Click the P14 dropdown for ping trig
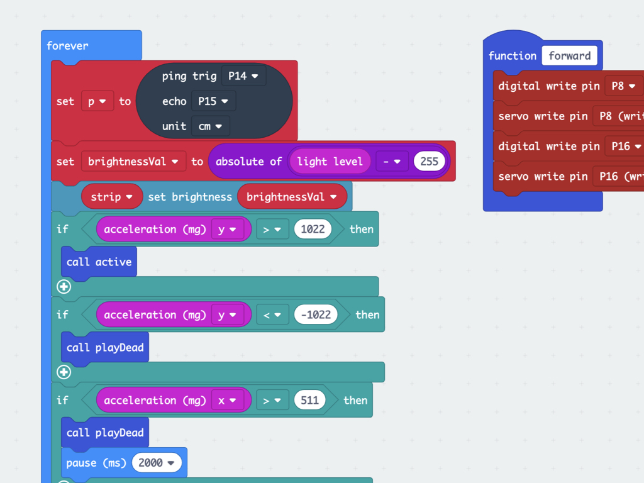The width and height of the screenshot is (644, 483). [243, 76]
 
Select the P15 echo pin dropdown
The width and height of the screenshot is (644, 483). [213, 101]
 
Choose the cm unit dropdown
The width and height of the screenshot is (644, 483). [210, 126]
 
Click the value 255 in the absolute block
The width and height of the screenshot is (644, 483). [429, 162]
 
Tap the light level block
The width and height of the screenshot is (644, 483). [330, 162]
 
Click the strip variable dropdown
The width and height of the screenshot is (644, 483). [112, 197]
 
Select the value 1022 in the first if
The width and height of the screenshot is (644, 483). [313, 229]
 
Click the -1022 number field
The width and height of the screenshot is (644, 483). [316, 314]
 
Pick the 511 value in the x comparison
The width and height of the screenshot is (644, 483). [309, 400]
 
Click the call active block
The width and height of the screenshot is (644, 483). [99, 262]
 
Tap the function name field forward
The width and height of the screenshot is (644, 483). [570, 55]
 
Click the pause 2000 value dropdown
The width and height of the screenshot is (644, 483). [157, 463]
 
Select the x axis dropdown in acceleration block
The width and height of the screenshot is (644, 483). [227, 400]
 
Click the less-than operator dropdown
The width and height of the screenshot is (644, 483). [272, 315]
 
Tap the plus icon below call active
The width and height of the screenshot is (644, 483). [64, 287]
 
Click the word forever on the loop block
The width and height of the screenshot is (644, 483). [67, 45]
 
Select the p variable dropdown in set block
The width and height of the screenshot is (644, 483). [97, 101]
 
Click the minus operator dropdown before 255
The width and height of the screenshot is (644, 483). [392, 162]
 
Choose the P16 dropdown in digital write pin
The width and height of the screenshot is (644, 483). [625, 146]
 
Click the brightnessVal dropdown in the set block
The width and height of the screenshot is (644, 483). [133, 162]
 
